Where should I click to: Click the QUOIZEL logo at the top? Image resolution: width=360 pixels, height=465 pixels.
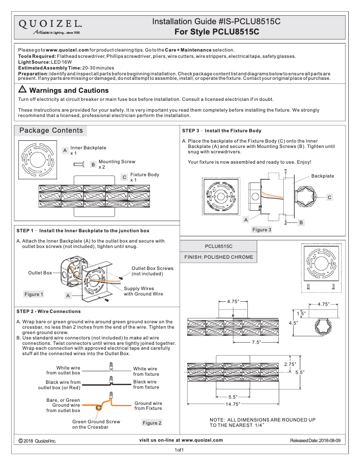[50, 26]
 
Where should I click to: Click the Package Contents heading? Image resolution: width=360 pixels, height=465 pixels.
[51, 130]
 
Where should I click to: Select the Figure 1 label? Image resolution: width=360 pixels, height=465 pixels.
[34, 295]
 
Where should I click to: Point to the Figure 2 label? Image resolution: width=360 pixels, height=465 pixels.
[152, 423]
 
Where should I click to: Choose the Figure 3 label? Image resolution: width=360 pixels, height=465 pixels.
[262, 230]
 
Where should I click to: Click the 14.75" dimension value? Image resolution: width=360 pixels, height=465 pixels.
[233, 404]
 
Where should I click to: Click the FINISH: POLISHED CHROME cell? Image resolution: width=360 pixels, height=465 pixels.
[219, 257]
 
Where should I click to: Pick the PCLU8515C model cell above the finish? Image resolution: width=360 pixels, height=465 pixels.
[219, 246]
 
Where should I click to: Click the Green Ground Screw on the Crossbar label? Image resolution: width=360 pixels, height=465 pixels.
[96, 424]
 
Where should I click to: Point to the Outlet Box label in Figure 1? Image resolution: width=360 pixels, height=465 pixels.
[40, 273]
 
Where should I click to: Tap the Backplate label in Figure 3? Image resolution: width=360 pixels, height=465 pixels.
[323, 176]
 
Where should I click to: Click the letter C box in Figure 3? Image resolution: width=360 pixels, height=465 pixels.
[329, 197]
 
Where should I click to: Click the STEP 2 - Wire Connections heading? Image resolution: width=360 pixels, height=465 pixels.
[48, 311]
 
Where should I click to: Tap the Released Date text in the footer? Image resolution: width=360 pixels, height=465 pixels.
[316, 441]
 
